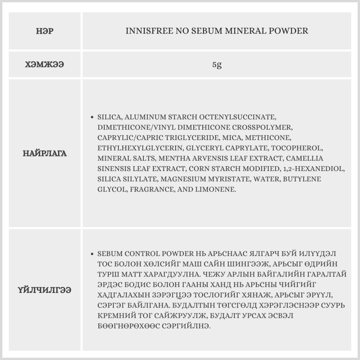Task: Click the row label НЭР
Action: tap(45, 31)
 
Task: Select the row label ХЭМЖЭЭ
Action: tap(45, 65)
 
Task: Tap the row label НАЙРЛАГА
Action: tap(45, 153)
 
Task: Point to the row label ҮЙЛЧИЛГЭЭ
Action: tap(45, 290)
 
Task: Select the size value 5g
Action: tap(217, 65)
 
